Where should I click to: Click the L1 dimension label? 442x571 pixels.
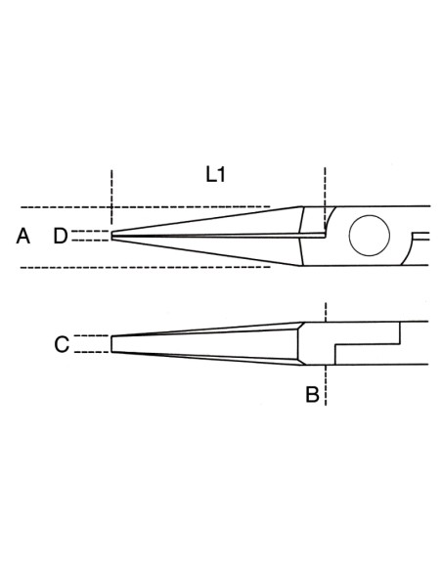pos(215,176)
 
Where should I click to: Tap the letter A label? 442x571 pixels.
pos(24,236)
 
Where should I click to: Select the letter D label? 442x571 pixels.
pos(61,236)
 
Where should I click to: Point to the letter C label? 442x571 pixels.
pos(61,344)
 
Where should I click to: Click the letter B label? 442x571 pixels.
pos(311,395)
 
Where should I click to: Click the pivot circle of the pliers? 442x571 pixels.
pos(369,236)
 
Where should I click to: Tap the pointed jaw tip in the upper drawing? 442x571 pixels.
pos(114,236)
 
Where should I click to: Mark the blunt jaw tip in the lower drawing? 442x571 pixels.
pos(112,344)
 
